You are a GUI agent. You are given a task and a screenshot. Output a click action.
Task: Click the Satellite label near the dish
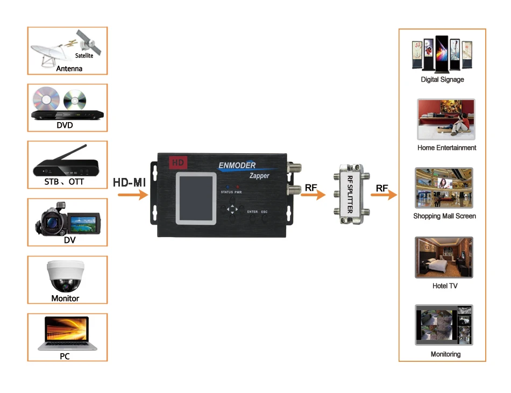click(x=84, y=55)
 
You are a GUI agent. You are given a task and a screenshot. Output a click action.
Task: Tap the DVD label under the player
click(x=65, y=125)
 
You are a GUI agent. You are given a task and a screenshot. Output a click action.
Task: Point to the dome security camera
click(x=65, y=275)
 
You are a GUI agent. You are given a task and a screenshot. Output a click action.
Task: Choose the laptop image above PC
click(x=67, y=333)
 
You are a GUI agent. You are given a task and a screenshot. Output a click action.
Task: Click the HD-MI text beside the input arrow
click(x=130, y=182)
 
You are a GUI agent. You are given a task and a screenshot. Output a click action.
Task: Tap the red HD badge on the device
click(x=177, y=162)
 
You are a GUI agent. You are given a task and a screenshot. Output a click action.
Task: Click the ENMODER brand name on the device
click(x=237, y=165)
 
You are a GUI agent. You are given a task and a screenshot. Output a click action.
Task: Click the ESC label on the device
click(x=264, y=212)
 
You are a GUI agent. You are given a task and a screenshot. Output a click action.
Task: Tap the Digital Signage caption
click(x=442, y=80)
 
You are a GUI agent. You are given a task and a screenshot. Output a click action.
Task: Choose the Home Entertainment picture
click(x=446, y=119)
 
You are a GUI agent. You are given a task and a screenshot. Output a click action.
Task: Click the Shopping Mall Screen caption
click(x=444, y=216)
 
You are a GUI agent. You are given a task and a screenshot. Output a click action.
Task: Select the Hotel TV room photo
click(x=444, y=258)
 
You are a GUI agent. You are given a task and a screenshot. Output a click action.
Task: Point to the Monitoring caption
click(x=445, y=354)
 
